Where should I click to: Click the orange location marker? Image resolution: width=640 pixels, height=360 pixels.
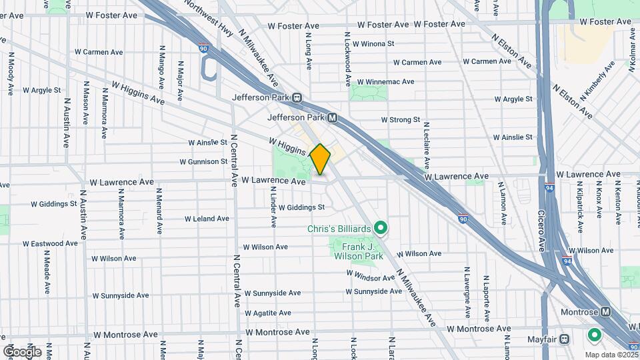[x=320, y=159]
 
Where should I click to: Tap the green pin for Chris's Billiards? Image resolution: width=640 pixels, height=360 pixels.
[x=381, y=229]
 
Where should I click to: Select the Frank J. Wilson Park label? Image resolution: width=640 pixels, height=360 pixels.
[x=355, y=251]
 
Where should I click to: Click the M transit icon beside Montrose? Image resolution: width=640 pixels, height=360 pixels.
[x=605, y=312]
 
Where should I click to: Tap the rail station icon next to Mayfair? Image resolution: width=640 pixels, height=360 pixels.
[x=565, y=338]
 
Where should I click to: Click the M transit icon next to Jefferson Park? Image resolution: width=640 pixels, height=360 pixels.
[x=331, y=117]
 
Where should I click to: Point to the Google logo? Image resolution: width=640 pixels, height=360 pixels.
[x=22, y=351]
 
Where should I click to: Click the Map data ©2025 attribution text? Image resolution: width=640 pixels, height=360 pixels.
[x=612, y=355]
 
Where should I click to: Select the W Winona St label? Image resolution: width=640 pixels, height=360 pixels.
[x=373, y=45]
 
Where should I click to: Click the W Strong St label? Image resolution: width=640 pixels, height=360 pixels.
[x=400, y=120]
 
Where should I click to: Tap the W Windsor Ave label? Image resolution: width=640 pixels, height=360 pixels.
[x=371, y=273]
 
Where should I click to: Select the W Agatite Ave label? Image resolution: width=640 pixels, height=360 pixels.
[x=267, y=313]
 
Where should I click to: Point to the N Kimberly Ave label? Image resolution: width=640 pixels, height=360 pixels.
[x=598, y=81]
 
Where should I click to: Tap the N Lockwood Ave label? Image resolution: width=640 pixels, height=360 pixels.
[x=347, y=59]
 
